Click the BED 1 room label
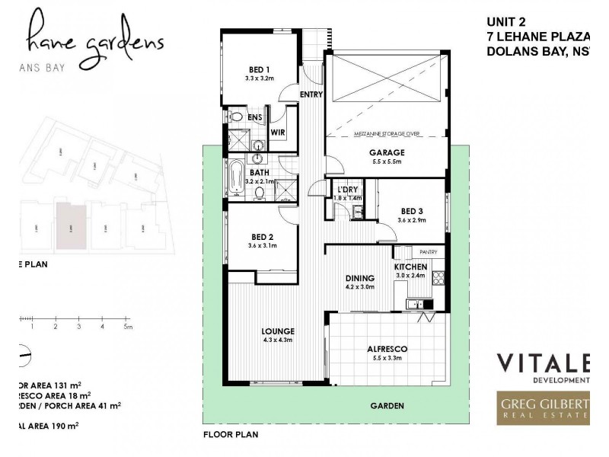[259, 69]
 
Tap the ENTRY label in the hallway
[311, 94]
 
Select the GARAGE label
[387, 152]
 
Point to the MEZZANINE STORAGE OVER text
[387, 134]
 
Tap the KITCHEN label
[410, 267]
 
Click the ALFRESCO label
[387, 349]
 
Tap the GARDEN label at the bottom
[387, 406]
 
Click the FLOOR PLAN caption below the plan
[231, 435]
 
